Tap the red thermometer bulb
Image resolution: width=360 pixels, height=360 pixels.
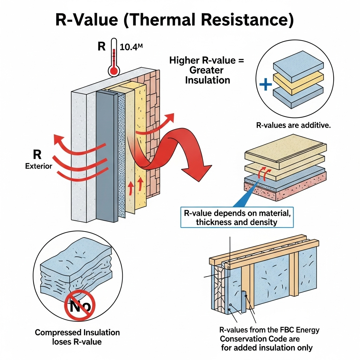pyautogui.click(x=114, y=71)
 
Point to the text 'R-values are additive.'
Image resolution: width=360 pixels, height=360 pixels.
pyautogui.click(x=294, y=126)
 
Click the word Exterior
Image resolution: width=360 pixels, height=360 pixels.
pyautogui.click(x=39, y=166)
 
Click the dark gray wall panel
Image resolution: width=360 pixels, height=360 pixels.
pyautogui.click(x=106, y=155)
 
